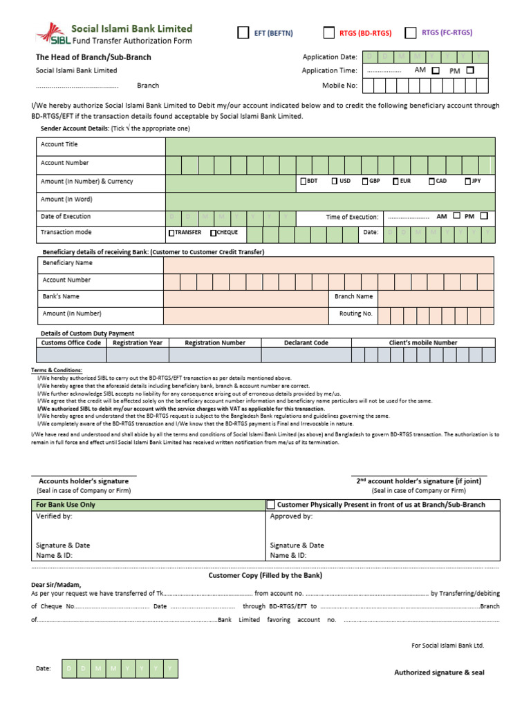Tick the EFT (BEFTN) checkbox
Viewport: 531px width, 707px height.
[243, 32]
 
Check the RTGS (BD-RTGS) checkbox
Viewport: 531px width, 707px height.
[329, 32]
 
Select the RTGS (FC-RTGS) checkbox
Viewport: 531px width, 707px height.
[411, 32]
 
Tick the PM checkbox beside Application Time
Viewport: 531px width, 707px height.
[470, 70]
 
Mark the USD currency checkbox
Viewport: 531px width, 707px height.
[335, 181]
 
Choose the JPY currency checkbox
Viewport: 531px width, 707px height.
[468, 181]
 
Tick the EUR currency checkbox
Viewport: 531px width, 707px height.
[395, 181]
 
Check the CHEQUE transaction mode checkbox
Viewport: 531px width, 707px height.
[214, 233]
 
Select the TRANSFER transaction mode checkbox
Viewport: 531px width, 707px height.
[171, 233]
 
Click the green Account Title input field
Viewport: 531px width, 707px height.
[330, 146]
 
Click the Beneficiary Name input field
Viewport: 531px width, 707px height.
[328, 264]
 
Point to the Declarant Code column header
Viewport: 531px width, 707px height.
[306, 342]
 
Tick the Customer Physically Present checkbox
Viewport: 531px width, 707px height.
[271, 505]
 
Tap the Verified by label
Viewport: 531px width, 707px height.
[54, 516]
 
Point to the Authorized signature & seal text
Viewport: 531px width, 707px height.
[439, 672]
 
